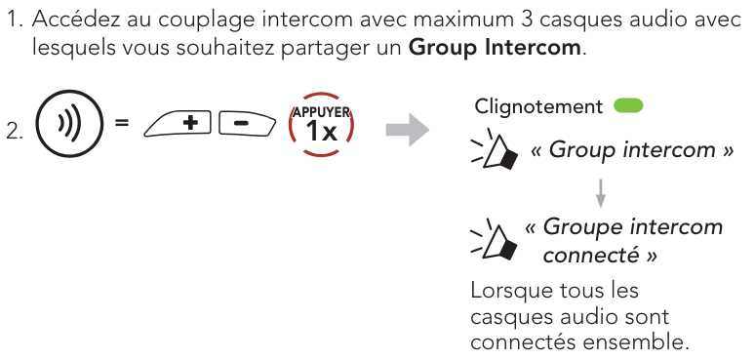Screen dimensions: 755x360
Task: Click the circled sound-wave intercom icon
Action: click(x=70, y=122)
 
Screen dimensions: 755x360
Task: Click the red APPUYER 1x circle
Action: click(x=321, y=124)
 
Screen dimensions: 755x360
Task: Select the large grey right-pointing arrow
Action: click(x=408, y=130)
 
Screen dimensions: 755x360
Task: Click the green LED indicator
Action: click(x=628, y=106)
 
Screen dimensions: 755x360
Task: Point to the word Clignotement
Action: click(x=538, y=106)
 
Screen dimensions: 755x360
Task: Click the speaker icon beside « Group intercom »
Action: click(x=494, y=149)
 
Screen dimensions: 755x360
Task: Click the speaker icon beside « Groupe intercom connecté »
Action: click(x=494, y=239)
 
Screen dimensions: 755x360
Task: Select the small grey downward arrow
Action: click(x=601, y=193)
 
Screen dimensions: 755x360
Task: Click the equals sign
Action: click(x=122, y=123)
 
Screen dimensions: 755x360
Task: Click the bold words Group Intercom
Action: click(x=495, y=48)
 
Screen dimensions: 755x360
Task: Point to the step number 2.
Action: click(x=15, y=132)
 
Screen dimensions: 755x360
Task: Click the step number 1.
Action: click(x=15, y=20)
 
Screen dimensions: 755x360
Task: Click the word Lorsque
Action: click(x=510, y=291)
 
